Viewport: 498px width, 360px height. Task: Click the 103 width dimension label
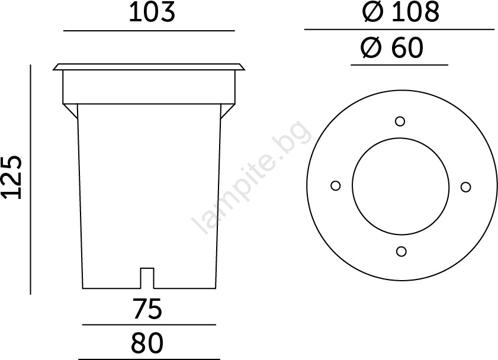[152, 12]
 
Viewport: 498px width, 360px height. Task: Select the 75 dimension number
[147, 308]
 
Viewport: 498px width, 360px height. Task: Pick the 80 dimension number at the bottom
[147, 343]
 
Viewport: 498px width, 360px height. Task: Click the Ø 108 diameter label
[401, 12]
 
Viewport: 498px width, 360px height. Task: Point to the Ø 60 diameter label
[392, 47]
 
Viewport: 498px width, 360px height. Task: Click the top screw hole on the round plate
[400, 121]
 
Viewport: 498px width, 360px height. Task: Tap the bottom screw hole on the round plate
[401, 252]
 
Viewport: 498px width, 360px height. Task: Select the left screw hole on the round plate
[336, 186]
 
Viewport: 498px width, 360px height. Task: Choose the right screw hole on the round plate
[465, 187]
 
